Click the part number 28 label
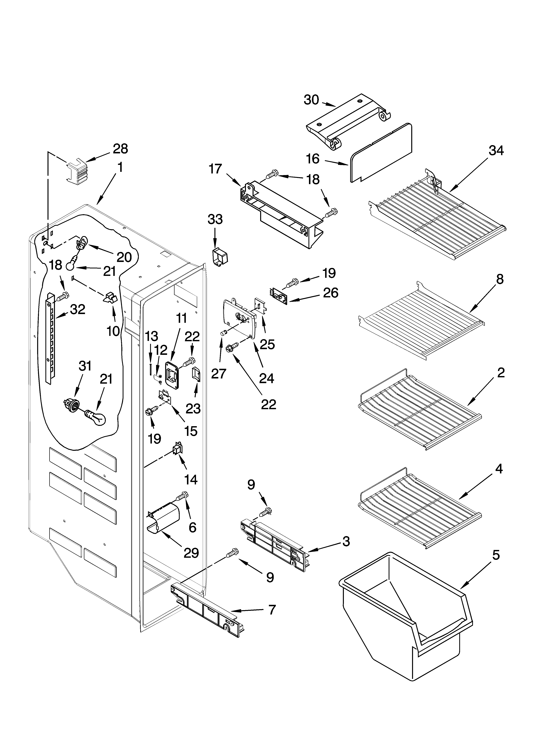click(120, 149)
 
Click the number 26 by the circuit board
click(330, 293)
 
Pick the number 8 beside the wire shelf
click(499, 279)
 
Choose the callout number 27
click(218, 374)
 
